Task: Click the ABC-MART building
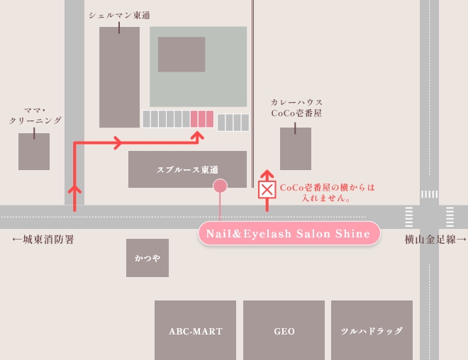pyautogui.click(x=195, y=330)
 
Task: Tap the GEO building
pyautogui.click(x=284, y=330)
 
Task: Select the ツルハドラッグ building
pyautogui.click(x=372, y=330)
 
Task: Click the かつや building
pyautogui.click(x=147, y=258)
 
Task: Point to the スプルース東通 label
pyautogui.click(x=187, y=169)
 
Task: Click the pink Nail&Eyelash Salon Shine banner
pyautogui.click(x=288, y=234)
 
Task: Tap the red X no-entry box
pyautogui.click(x=267, y=189)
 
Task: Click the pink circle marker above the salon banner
pyautogui.click(x=221, y=186)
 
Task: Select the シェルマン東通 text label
pyautogui.click(x=119, y=15)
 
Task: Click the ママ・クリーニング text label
pyautogui.click(x=35, y=116)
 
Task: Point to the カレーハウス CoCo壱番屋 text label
pyautogui.click(x=296, y=108)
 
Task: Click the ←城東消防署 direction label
pyautogui.click(x=43, y=240)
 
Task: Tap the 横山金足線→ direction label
pyautogui.click(x=435, y=240)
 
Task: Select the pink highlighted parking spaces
pyautogui.click(x=202, y=118)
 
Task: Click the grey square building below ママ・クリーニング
pyautogui.click(x=34, y=151)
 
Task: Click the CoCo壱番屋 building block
pyautogui.click(x=296, y=149)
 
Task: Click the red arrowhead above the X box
pyautogui.click(x=267, y=174)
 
